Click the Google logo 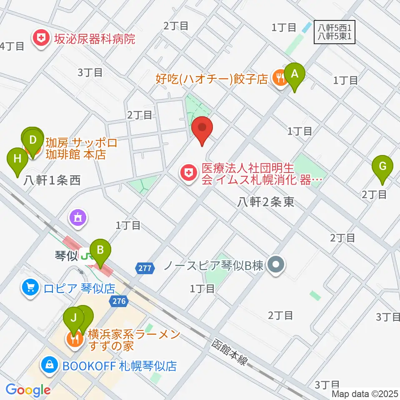point(28,390)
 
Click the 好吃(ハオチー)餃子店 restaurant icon point(279,77)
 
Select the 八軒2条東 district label point(266,202)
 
